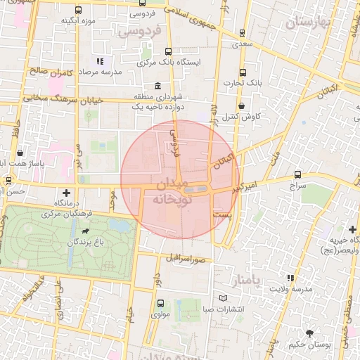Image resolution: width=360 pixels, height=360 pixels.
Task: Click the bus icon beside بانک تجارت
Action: pyautogui.click(x=243, y=72)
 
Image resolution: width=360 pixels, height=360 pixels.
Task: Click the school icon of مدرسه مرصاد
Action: pyautogui.click(x=99, y=61)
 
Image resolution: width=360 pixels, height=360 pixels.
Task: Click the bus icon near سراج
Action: pyautogui.click(x=298, y=174)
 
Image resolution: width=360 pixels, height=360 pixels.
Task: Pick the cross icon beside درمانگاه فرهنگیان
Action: pyautogui.click(x=67, y=193)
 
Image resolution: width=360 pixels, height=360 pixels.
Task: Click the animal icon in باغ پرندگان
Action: pyautogui.click(x=86, y=231)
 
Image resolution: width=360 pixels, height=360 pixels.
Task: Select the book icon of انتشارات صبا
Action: pyautogui.click(x=224, y=299)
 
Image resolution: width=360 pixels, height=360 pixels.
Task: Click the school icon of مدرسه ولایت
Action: pyautogui.click(x=291, y=278)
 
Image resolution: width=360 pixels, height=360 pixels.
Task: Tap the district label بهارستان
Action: pyautogui.click(x=308, y=23)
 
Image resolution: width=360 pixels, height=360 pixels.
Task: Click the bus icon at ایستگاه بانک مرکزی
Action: pyautogui.click(x=168, y=51)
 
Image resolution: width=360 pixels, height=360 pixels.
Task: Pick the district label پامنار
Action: pyautogui.click(x=248, y=281)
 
